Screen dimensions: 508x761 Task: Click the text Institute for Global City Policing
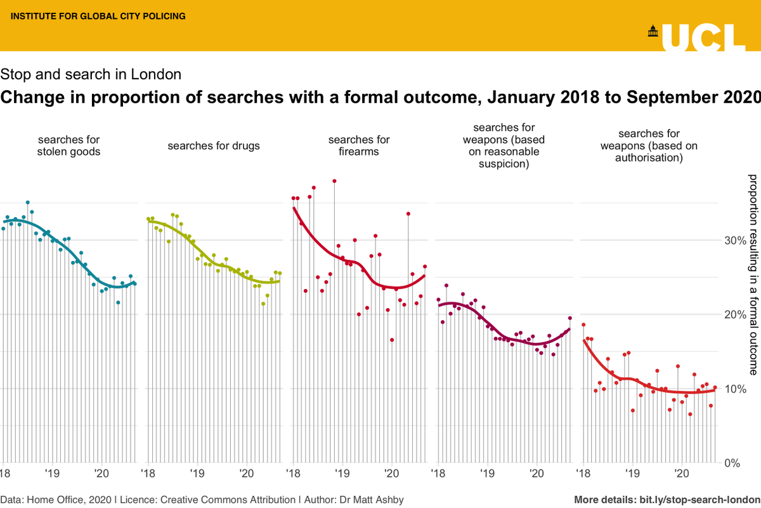(x=95, y=16)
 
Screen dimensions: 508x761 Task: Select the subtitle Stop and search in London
(x=91, y=74)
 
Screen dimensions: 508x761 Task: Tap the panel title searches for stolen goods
(x=69, y=145)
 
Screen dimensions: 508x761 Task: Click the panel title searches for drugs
(x=214, y=146)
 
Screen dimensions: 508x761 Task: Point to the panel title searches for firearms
(x=358, y=145)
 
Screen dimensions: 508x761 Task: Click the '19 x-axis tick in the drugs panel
(x=197, y=474)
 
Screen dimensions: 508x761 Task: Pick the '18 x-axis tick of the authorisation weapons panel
(x=582, y=474)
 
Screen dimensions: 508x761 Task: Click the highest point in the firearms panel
(x=334, y=181)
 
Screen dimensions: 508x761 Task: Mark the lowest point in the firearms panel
(x=392, y=340)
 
